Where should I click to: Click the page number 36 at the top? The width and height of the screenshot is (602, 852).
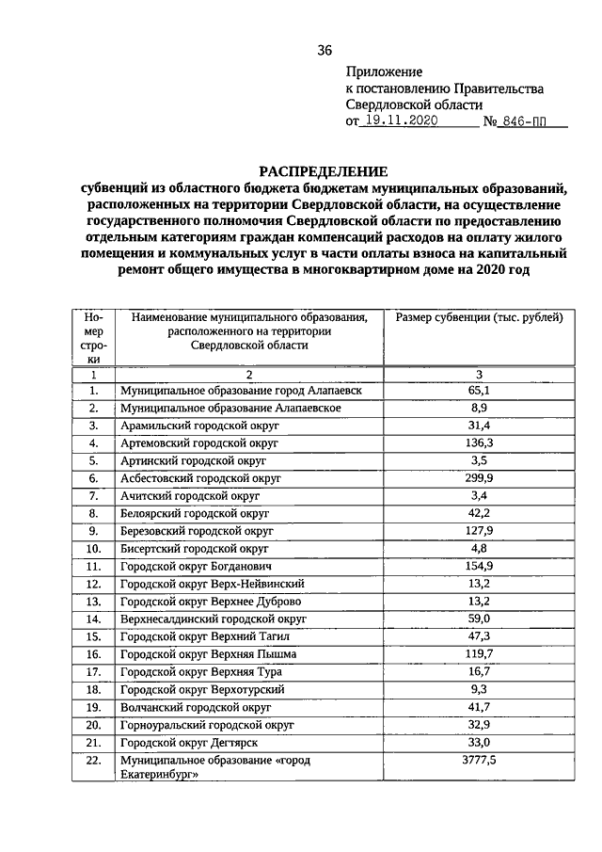(x=325, y=50)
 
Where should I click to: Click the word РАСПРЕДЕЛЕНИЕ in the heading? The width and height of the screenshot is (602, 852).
(x=324, y=171)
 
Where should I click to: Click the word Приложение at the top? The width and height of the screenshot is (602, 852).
(x=384, y=71)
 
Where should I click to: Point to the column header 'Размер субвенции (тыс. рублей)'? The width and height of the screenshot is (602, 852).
(x=479, y=317)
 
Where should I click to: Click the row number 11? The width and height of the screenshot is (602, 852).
(x=93, y=566)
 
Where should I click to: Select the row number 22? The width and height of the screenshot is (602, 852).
(x=93, y=761)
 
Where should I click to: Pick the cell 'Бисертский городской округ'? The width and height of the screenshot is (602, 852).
(x=195, y=548)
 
